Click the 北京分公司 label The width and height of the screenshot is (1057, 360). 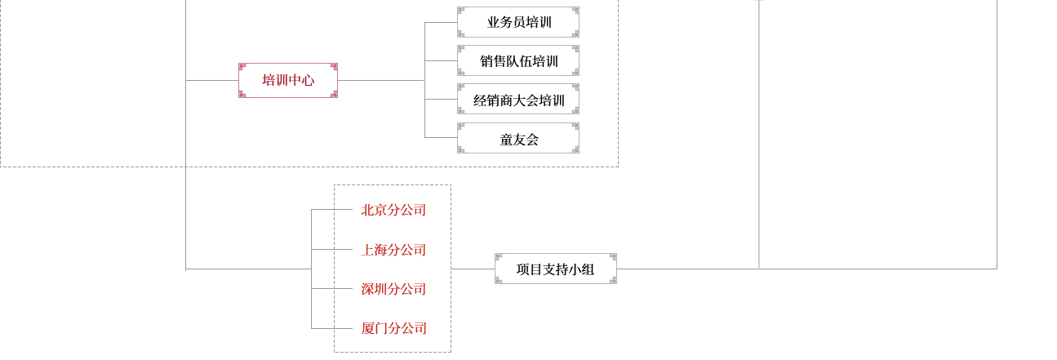tap(393, 210)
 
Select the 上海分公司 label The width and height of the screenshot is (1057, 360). tap(393, 250)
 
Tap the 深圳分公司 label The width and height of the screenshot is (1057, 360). tap(393, 289)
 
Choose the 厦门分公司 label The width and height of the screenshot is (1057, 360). tap(393, 328)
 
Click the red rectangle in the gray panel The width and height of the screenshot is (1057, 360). tap(288, 80)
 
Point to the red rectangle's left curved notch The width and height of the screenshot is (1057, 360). tap(243, 80)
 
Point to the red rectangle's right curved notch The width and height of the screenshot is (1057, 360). tap(333, 80)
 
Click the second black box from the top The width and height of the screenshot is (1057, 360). tap(518, 60)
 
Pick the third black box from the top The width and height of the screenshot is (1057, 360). tap(518, 99)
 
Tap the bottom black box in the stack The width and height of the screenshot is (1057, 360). tap(518, 136)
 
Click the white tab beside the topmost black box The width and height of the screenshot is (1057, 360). tap(576, 22)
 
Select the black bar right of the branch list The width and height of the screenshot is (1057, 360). tap(555, 269)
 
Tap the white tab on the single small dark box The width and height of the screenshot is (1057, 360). tap(614, 268)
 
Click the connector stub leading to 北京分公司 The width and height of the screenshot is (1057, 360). tap(322, 210)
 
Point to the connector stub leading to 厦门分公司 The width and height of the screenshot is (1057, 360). tap(322, 328)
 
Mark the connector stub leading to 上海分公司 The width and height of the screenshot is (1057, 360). tap(322, 249)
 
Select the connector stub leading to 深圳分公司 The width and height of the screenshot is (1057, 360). tap(322, 289)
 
